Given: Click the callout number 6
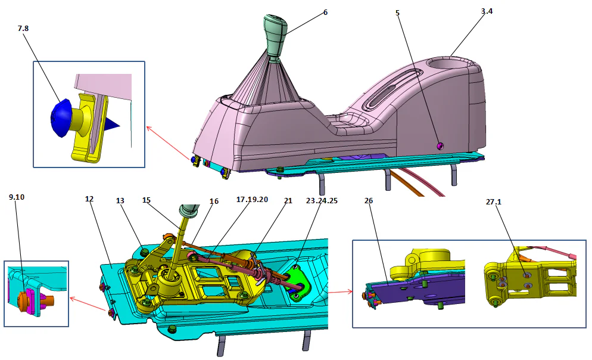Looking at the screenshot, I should click(x=325, y=13).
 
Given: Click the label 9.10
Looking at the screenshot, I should click(x=16, y=196).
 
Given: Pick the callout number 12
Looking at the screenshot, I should click(x=90, y=199).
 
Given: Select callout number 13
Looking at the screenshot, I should click(x=121, y=200).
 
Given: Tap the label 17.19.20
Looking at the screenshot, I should click(x=252, y=199).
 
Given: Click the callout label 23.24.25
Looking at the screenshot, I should click(x=320, y=200).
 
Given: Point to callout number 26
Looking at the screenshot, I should click(x=369, y=200).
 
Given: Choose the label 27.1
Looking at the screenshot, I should click(x=494, y=201).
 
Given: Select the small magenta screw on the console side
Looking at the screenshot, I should click(x=440, y=145).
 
